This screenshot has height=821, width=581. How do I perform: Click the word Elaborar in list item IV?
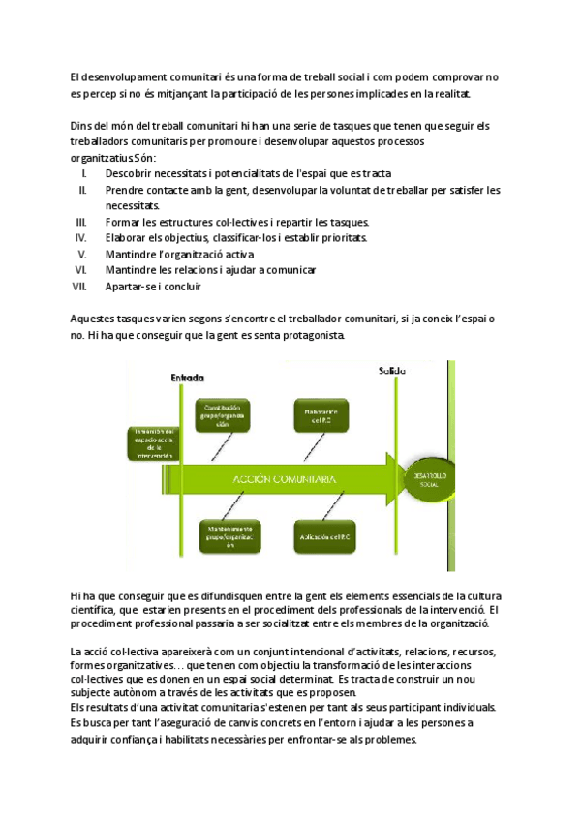point(125,238)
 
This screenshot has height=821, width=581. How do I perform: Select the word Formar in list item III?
point(122,222)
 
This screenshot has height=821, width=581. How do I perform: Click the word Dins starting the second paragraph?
point(81,125)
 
